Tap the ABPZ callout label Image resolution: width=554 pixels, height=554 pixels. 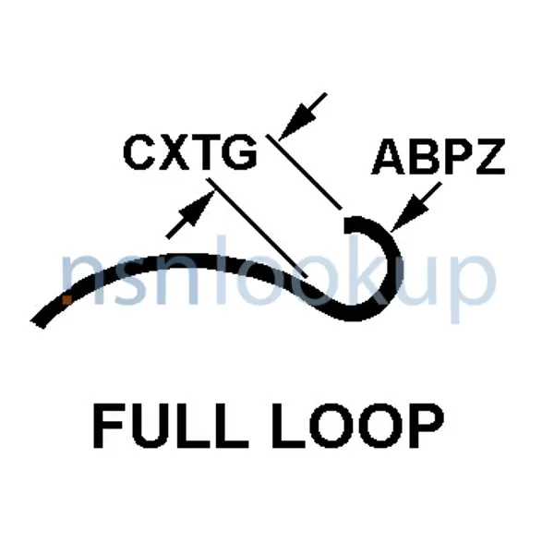tap(439, 158)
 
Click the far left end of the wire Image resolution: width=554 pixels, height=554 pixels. tap(37, 322)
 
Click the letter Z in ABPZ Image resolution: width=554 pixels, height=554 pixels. tap(489, 158)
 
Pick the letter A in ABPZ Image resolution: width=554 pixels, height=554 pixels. tap(389, 158)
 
